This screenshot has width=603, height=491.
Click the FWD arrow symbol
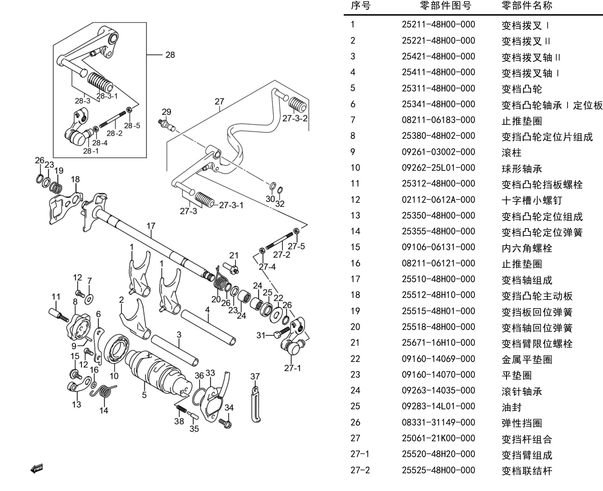coord(37,469)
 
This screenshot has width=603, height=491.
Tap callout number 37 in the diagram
coord(255,377)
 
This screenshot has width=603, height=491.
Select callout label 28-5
coord(132,125)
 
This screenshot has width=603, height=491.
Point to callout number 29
coord(167,112)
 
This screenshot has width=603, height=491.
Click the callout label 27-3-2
coord(295,118)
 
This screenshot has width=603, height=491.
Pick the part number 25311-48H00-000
coord(438,88)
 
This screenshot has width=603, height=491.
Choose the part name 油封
coord(511,407)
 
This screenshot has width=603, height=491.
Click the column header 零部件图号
coord(446,5)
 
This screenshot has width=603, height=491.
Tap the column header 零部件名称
coord(527,5)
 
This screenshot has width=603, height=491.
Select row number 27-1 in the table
coord(360,454)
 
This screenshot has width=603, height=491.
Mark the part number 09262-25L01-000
coord(438,167)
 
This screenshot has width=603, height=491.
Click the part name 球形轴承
coord(522,169)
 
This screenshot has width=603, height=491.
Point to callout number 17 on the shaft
coord(151,226)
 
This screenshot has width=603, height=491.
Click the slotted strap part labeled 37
coord(255,405)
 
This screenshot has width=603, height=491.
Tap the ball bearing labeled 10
coord(116,349)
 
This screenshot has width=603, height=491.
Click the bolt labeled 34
coord(225,423)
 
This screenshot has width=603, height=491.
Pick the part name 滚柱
coord(511,153)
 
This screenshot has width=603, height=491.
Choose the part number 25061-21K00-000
coord(438,438)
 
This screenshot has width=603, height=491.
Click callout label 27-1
coord(293,368)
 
